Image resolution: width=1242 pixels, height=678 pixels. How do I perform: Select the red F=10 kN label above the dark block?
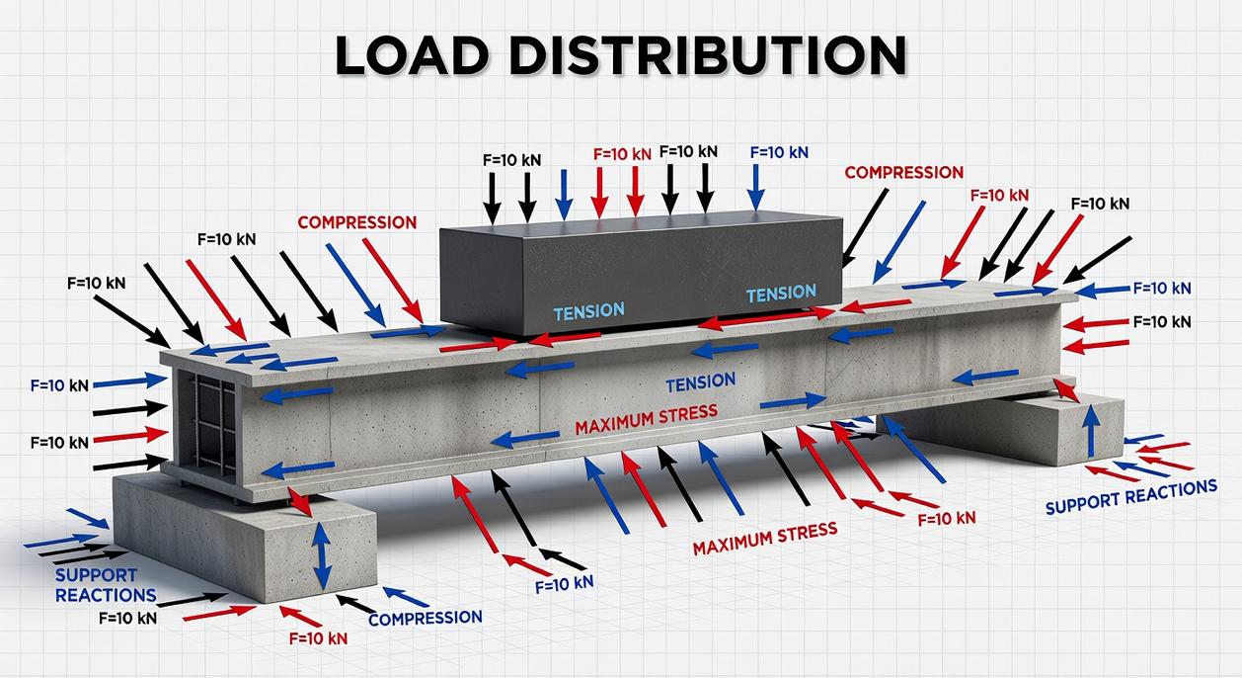click(x=622, y=154)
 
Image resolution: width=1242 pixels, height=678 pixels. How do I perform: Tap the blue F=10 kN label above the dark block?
click(x=779, y=152)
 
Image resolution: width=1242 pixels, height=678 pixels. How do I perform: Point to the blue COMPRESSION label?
click(x=426, y=619)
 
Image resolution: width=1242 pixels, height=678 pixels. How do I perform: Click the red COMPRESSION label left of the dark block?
click(x=357, y=222)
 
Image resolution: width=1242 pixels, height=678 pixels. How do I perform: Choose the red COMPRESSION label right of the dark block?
click(x=903, y=173)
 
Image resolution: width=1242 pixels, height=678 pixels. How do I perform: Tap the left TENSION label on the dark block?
click(x=588, y=311)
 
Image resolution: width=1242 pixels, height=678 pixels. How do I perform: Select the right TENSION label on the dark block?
click(x=781, y=294)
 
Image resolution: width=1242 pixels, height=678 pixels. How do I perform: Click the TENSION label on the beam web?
click(x=700, y=381)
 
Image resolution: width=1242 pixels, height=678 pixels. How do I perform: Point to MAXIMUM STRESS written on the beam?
click(x=646, y=419)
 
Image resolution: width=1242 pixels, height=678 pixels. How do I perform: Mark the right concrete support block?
click(x=1027, y=425)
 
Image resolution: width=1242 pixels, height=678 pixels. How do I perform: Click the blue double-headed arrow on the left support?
click(x=322, y=556)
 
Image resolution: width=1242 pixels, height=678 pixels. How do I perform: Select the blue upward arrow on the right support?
click(x=1091, y=433)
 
